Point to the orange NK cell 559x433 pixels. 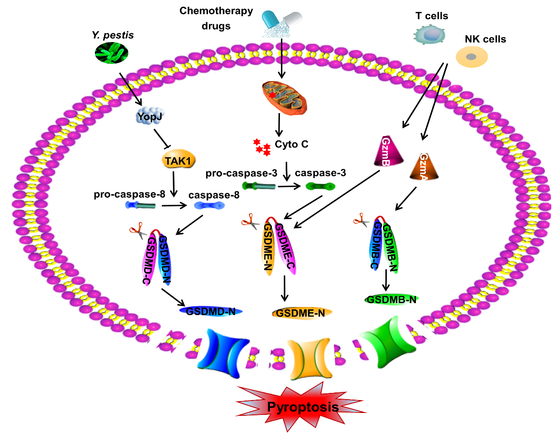[472, 56]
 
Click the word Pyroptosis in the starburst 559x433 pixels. [303, 407]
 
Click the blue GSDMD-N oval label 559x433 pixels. [211, 311]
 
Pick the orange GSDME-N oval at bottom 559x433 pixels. [301, 313]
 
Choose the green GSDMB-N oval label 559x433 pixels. [391, 299]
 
